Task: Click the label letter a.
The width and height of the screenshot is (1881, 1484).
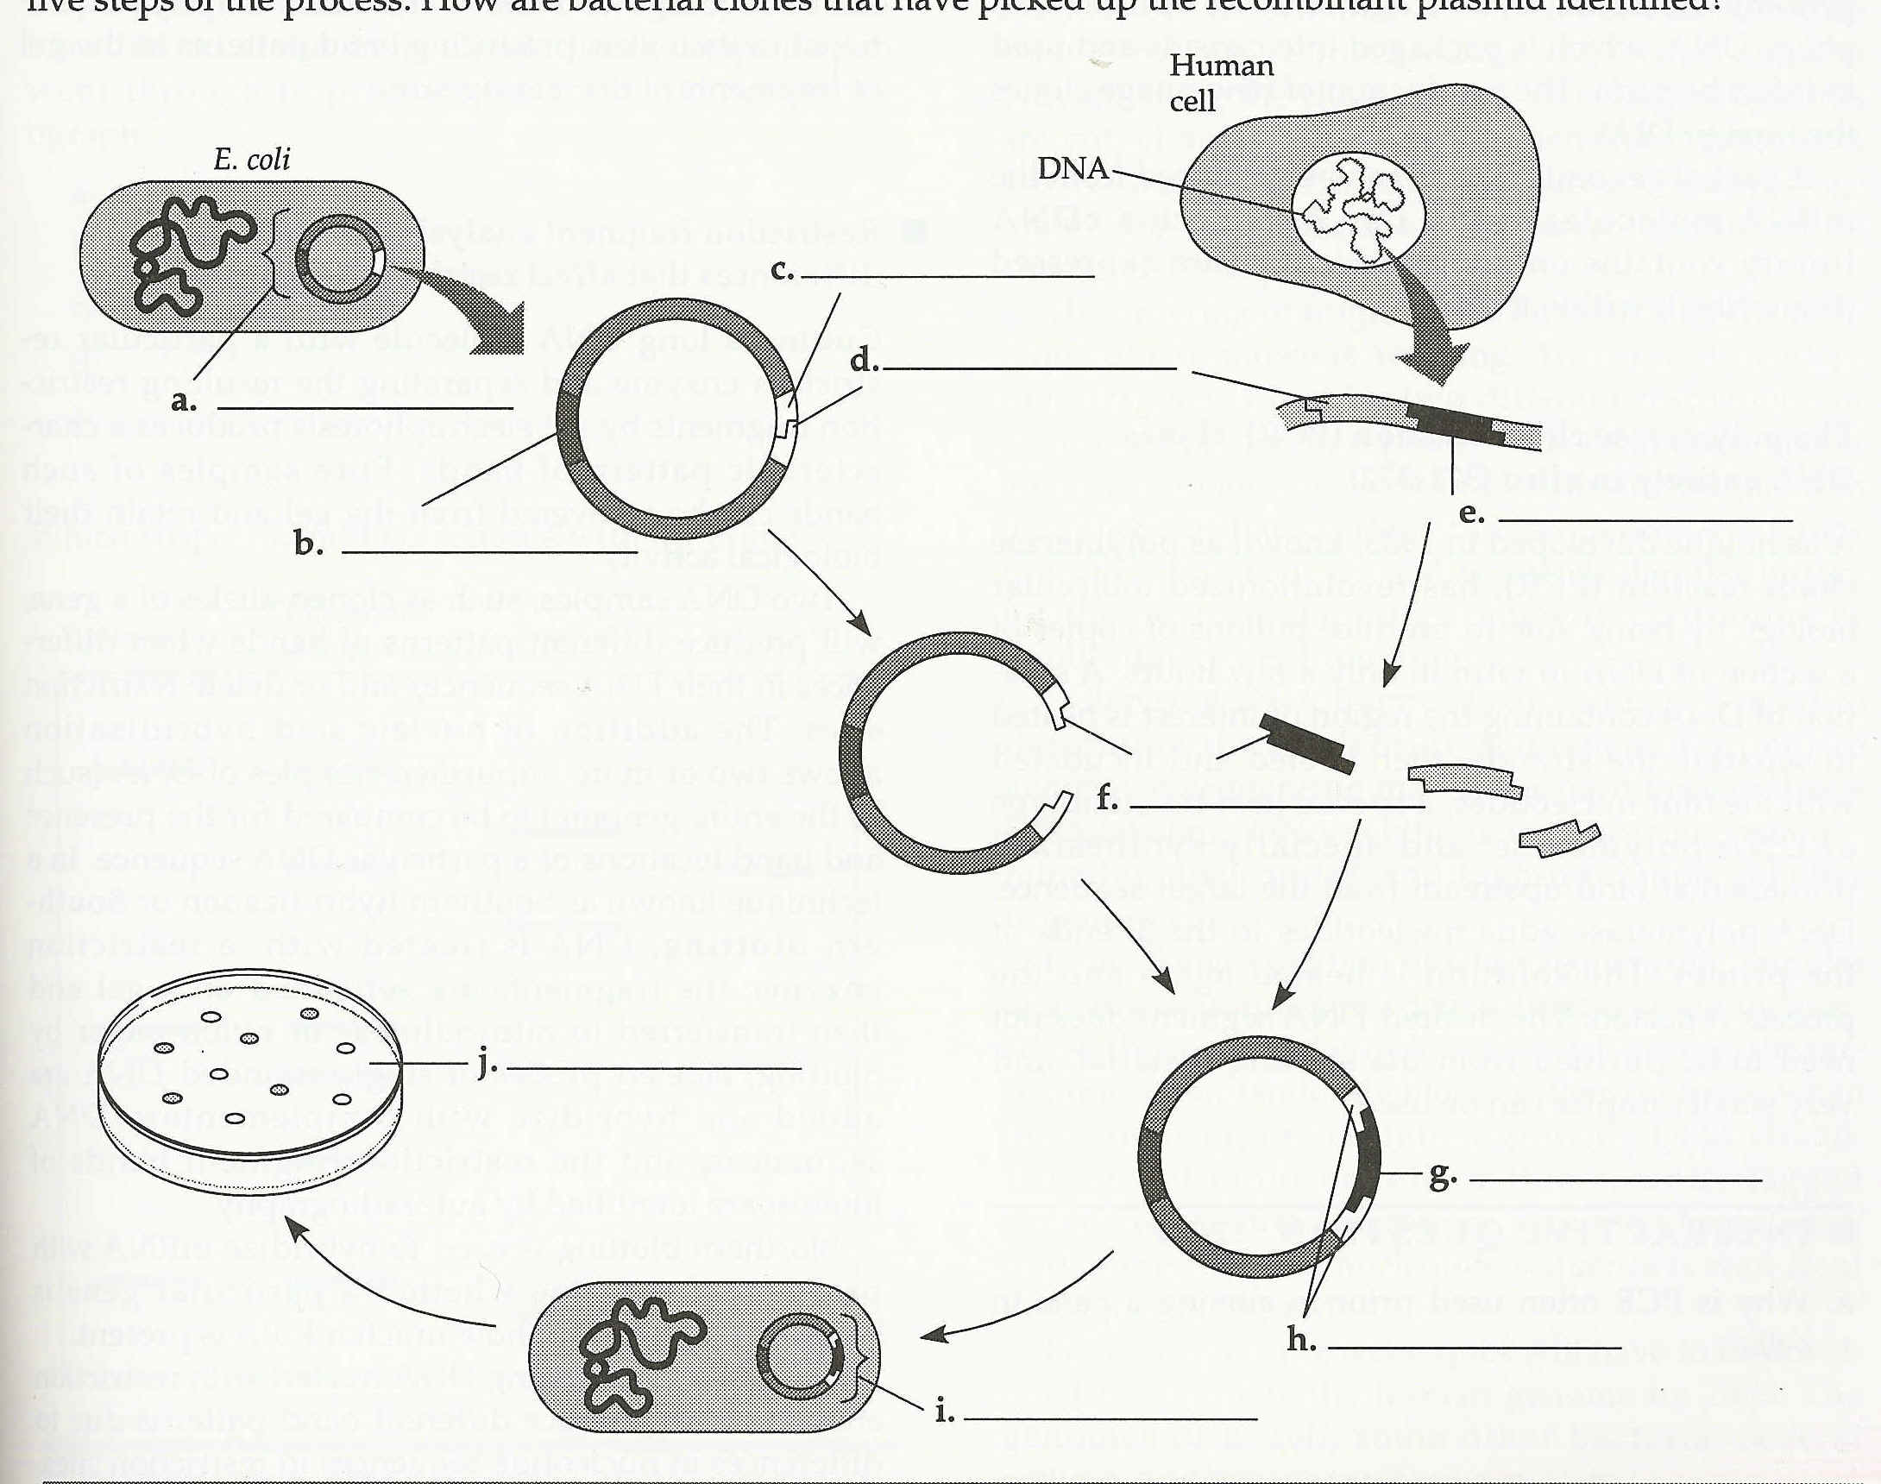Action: (182, 401)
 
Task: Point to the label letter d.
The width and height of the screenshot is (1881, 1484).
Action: (864, 362)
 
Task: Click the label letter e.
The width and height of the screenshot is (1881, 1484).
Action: (1471, 513)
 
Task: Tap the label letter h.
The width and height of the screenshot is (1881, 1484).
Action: (1300, 1341)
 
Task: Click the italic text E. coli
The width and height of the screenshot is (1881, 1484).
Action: (252, 159)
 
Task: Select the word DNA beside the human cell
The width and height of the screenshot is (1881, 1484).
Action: (1073, 167)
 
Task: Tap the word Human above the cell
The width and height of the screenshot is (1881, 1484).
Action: (1221, 66)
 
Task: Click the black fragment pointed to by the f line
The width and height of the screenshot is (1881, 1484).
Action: (1305, 742)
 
